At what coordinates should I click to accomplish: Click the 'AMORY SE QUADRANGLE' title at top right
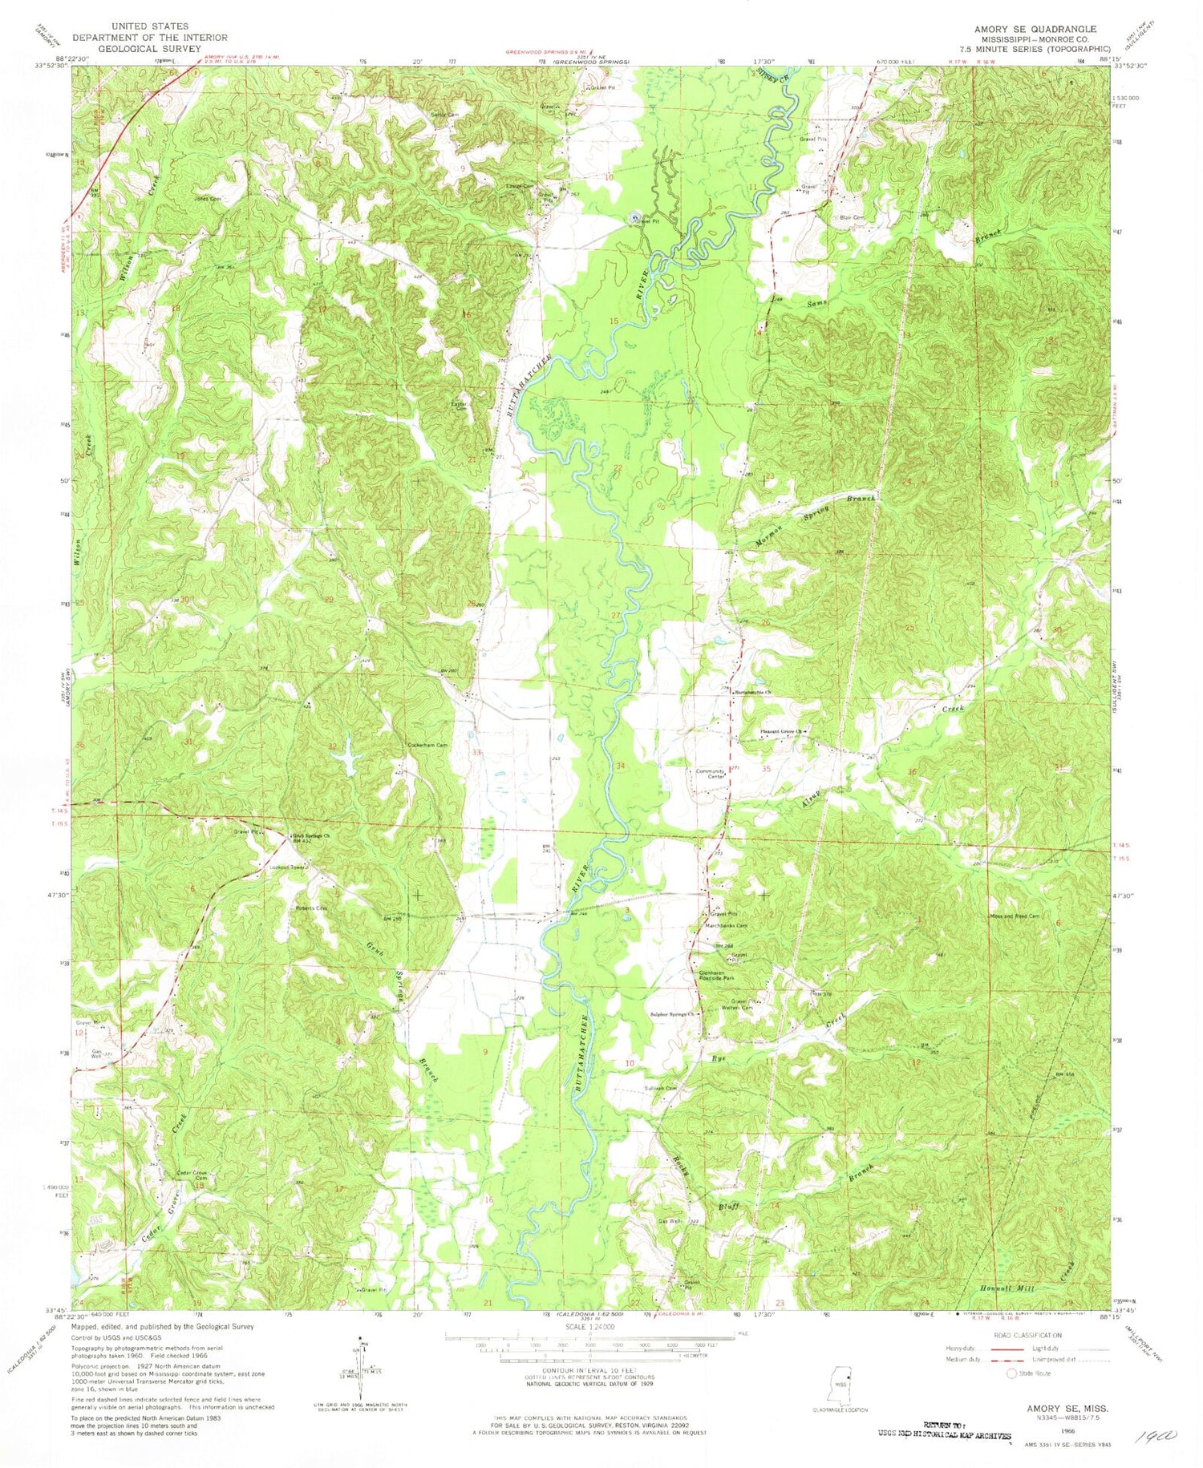click(x=1035, y=29)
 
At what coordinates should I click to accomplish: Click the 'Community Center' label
click(x=711, y=774)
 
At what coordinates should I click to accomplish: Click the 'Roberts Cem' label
click(x=312, y=908)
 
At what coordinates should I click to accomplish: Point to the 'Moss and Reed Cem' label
click(x=1015, y=916)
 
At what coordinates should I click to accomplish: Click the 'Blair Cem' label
click(x=851, y=217)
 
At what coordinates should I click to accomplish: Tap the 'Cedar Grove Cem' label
click(x=192, y=1175)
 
